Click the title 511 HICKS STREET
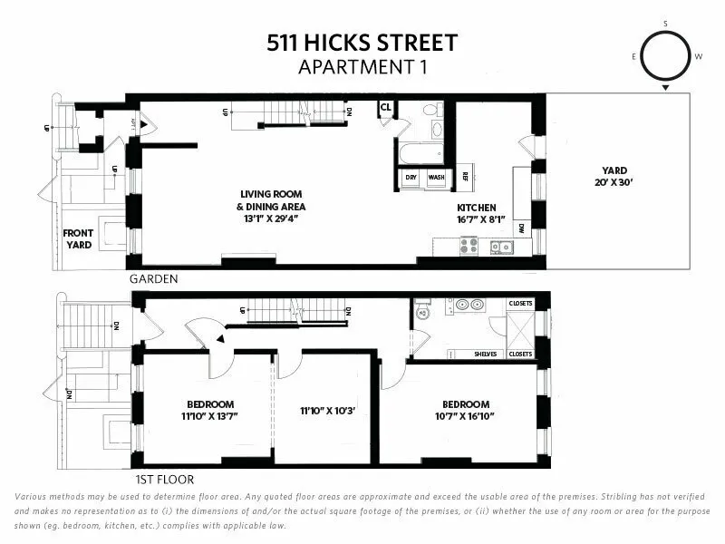click(362, 42)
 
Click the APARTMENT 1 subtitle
click(362, 65)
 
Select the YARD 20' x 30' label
click(614, 176)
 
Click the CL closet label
click(385, 107)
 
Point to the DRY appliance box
click(411, 178)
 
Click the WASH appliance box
click(436, 178)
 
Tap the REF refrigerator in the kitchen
click(464, 177)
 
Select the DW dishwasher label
click(521, 229)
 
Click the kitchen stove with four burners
click(469, 245)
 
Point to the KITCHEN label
click(476, 208)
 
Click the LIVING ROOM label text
click(271, 194)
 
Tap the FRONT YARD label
click(78, 239)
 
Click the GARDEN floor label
click(152, 279)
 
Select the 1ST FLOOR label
click(164, 480)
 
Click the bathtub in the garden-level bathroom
click(422, 152)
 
